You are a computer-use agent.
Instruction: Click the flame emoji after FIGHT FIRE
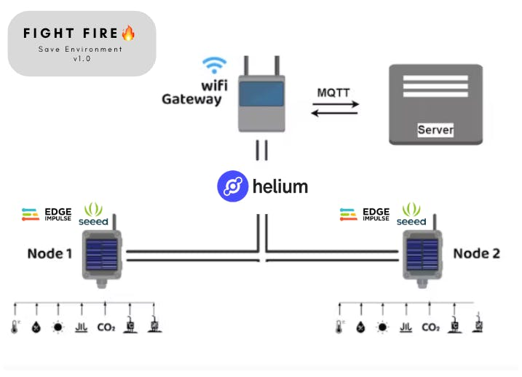(128, 33)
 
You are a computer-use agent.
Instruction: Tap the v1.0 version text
(82, 60)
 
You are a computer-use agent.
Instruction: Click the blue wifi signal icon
(214, 66)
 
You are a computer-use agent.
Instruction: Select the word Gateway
(191, 98)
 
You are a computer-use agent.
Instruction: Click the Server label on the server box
(435, 130)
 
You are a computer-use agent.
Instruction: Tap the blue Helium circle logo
(232, 186)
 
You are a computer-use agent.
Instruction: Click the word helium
(280, 186)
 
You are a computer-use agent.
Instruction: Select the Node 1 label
(50, 253)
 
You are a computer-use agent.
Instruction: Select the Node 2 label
(476, 253)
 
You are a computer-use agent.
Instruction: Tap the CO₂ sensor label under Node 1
(106, 327)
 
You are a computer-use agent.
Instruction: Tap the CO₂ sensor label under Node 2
(430, 327)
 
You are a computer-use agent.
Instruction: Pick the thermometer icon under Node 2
(339, 327)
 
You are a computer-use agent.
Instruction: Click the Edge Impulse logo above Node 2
(365, 214)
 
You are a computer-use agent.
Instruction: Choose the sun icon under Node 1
(58, 327)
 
